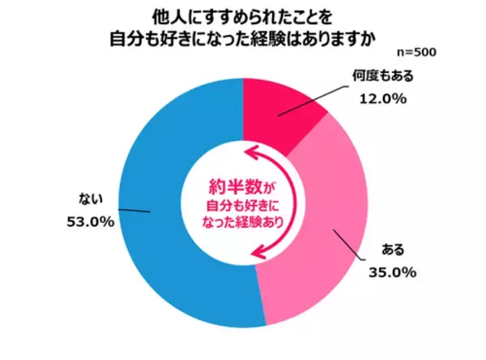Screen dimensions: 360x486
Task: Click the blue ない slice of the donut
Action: coord(162,243)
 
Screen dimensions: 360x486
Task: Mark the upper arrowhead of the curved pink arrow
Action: coord(253,152)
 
